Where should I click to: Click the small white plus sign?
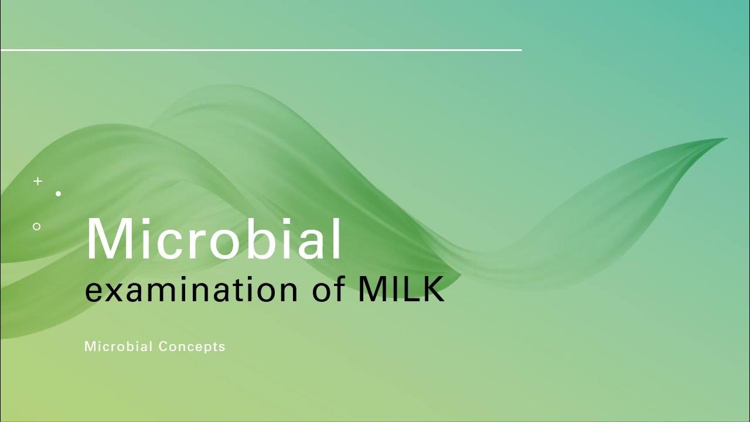tap(38, 182)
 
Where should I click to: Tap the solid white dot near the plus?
tap(59, 193)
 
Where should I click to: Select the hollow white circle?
tap(37, 226)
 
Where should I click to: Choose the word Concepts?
tap(192, 346)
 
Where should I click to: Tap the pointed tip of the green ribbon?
tap(727, 139)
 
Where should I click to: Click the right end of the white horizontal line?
tap(520, 50)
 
